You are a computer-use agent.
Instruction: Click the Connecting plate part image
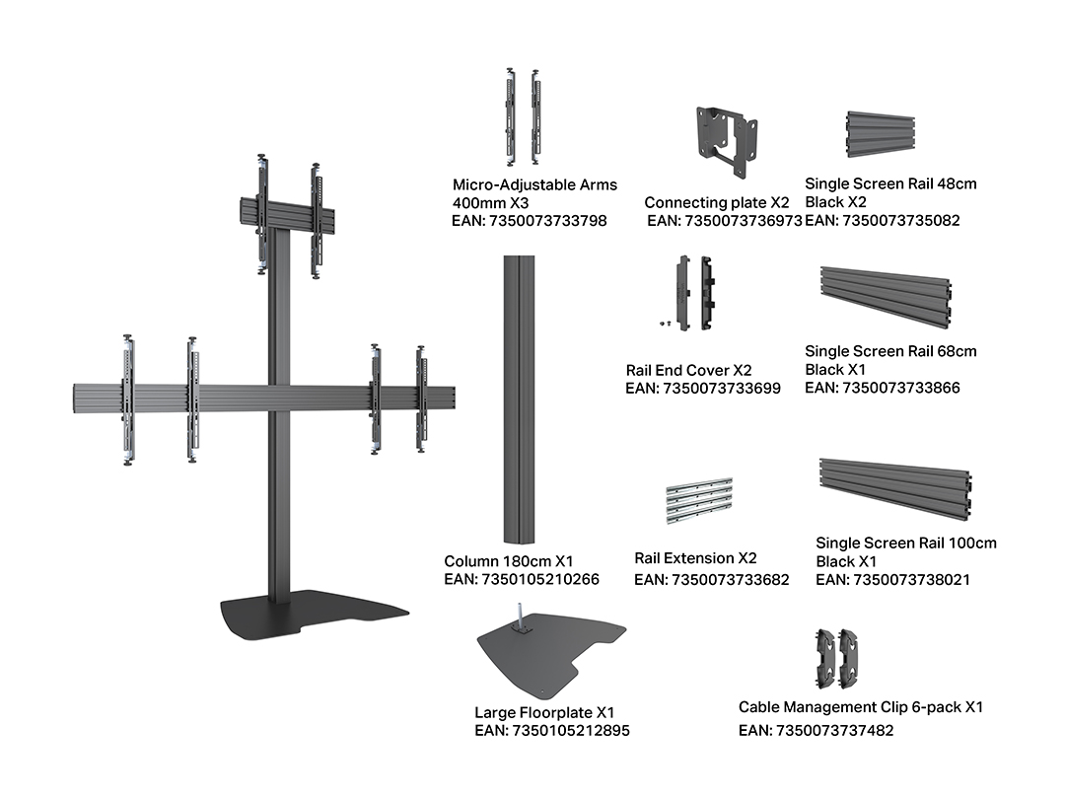(x=726, y=141)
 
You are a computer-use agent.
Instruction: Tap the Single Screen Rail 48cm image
(x=881, y=134)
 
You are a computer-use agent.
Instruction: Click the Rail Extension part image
(x=699, y=501)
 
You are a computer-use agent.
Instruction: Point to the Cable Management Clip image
(x=837, y=658)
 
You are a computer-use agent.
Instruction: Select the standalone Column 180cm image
(x=519, y=399)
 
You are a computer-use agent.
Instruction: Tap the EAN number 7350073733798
(x=547, y=221)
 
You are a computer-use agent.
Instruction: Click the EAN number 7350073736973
(x=744, y=221)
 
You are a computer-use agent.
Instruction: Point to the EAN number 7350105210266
(x=540, y=580)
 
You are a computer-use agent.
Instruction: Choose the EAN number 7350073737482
(x=834, y=730)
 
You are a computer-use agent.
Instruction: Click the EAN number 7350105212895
(x=571, y=730)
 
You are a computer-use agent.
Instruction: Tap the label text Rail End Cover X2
(x=688, y=370)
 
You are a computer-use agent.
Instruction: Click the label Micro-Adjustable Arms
(x=534, y=184)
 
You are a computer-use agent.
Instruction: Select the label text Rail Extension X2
(x=695, y=558)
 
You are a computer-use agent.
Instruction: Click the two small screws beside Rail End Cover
(x=665, y=324)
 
